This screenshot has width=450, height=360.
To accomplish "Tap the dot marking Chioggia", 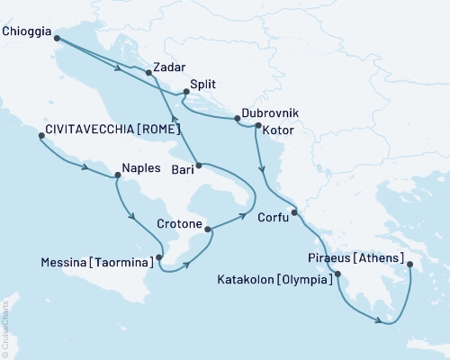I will click(56, 38).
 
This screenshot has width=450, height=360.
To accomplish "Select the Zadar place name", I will click(170, 66).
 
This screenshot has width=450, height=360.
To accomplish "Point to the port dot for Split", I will click(185, 92).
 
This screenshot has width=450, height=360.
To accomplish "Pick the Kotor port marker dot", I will click(259, 127).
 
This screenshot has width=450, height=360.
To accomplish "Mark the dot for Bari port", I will click(198, 166).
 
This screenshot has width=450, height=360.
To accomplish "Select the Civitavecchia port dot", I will click(41, 137).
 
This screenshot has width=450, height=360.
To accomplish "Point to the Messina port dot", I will click(159, 257).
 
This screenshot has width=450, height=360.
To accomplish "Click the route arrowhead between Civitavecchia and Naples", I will click(85, 168).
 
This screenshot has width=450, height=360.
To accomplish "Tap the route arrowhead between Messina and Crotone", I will click(189, 264).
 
